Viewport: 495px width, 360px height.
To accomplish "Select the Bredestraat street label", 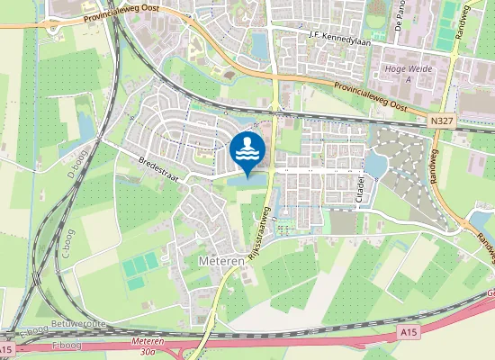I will [157, 167].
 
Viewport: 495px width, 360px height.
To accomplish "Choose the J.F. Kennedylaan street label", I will [339, 35].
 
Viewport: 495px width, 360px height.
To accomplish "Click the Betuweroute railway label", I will [79, 320].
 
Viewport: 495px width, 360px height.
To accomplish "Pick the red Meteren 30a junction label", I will [147, 347].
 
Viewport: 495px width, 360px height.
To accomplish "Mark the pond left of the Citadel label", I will [374, 165].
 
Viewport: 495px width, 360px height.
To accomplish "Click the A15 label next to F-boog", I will [7, 349].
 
